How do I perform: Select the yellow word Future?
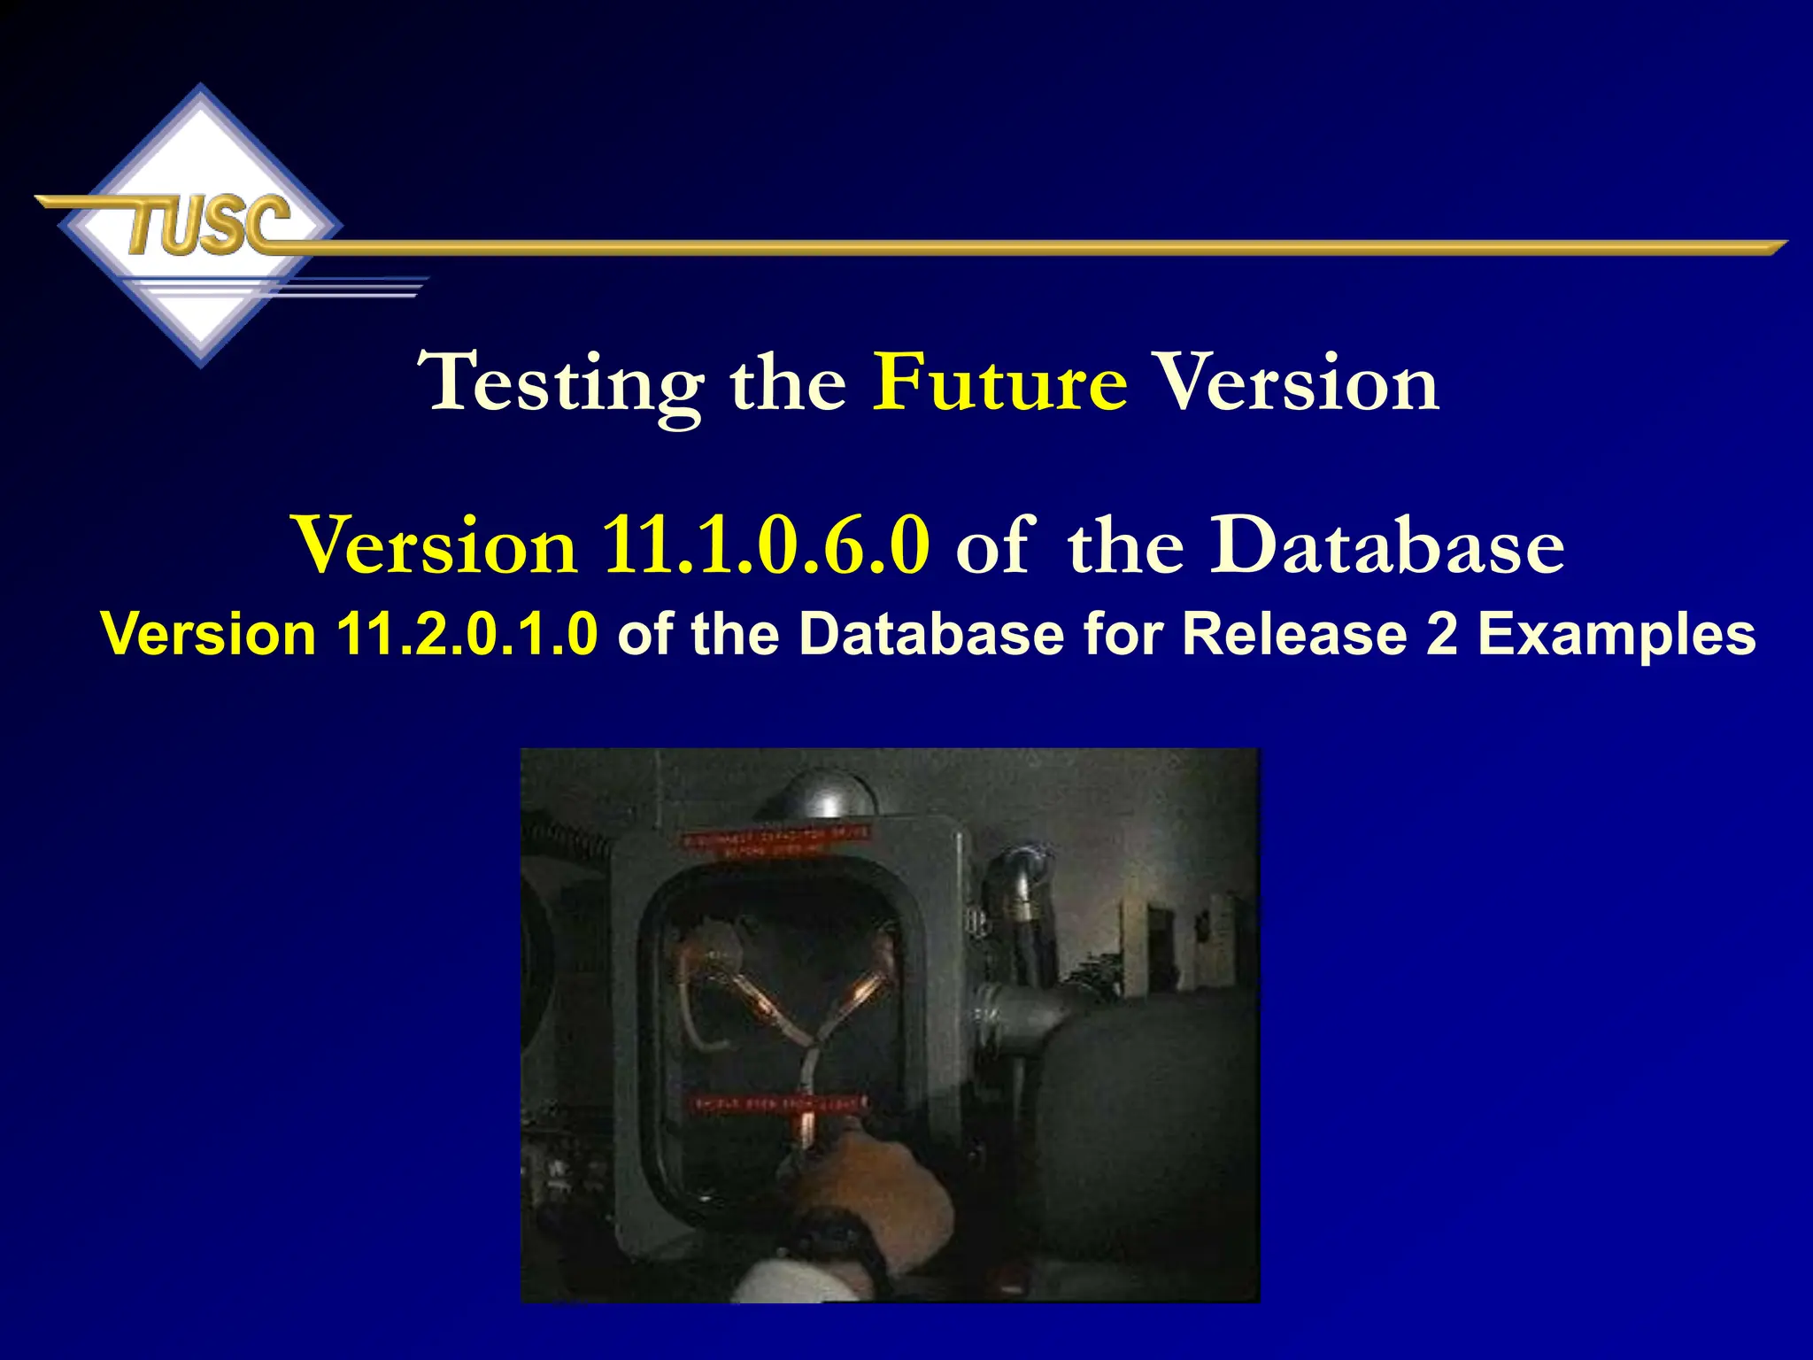[x=1000, y=382]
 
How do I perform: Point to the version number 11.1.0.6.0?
[x=766, y=545]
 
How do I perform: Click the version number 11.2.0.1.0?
[x=467, y=634]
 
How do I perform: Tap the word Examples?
[x=1616, y=634]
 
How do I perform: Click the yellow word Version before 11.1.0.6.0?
[x=436, y=545]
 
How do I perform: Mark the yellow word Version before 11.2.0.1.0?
[x=208, y=634]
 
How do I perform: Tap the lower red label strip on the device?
[x=777, y=1104]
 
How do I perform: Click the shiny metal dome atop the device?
[x=828, y=793]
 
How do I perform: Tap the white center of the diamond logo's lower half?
[x=202, y=319]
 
